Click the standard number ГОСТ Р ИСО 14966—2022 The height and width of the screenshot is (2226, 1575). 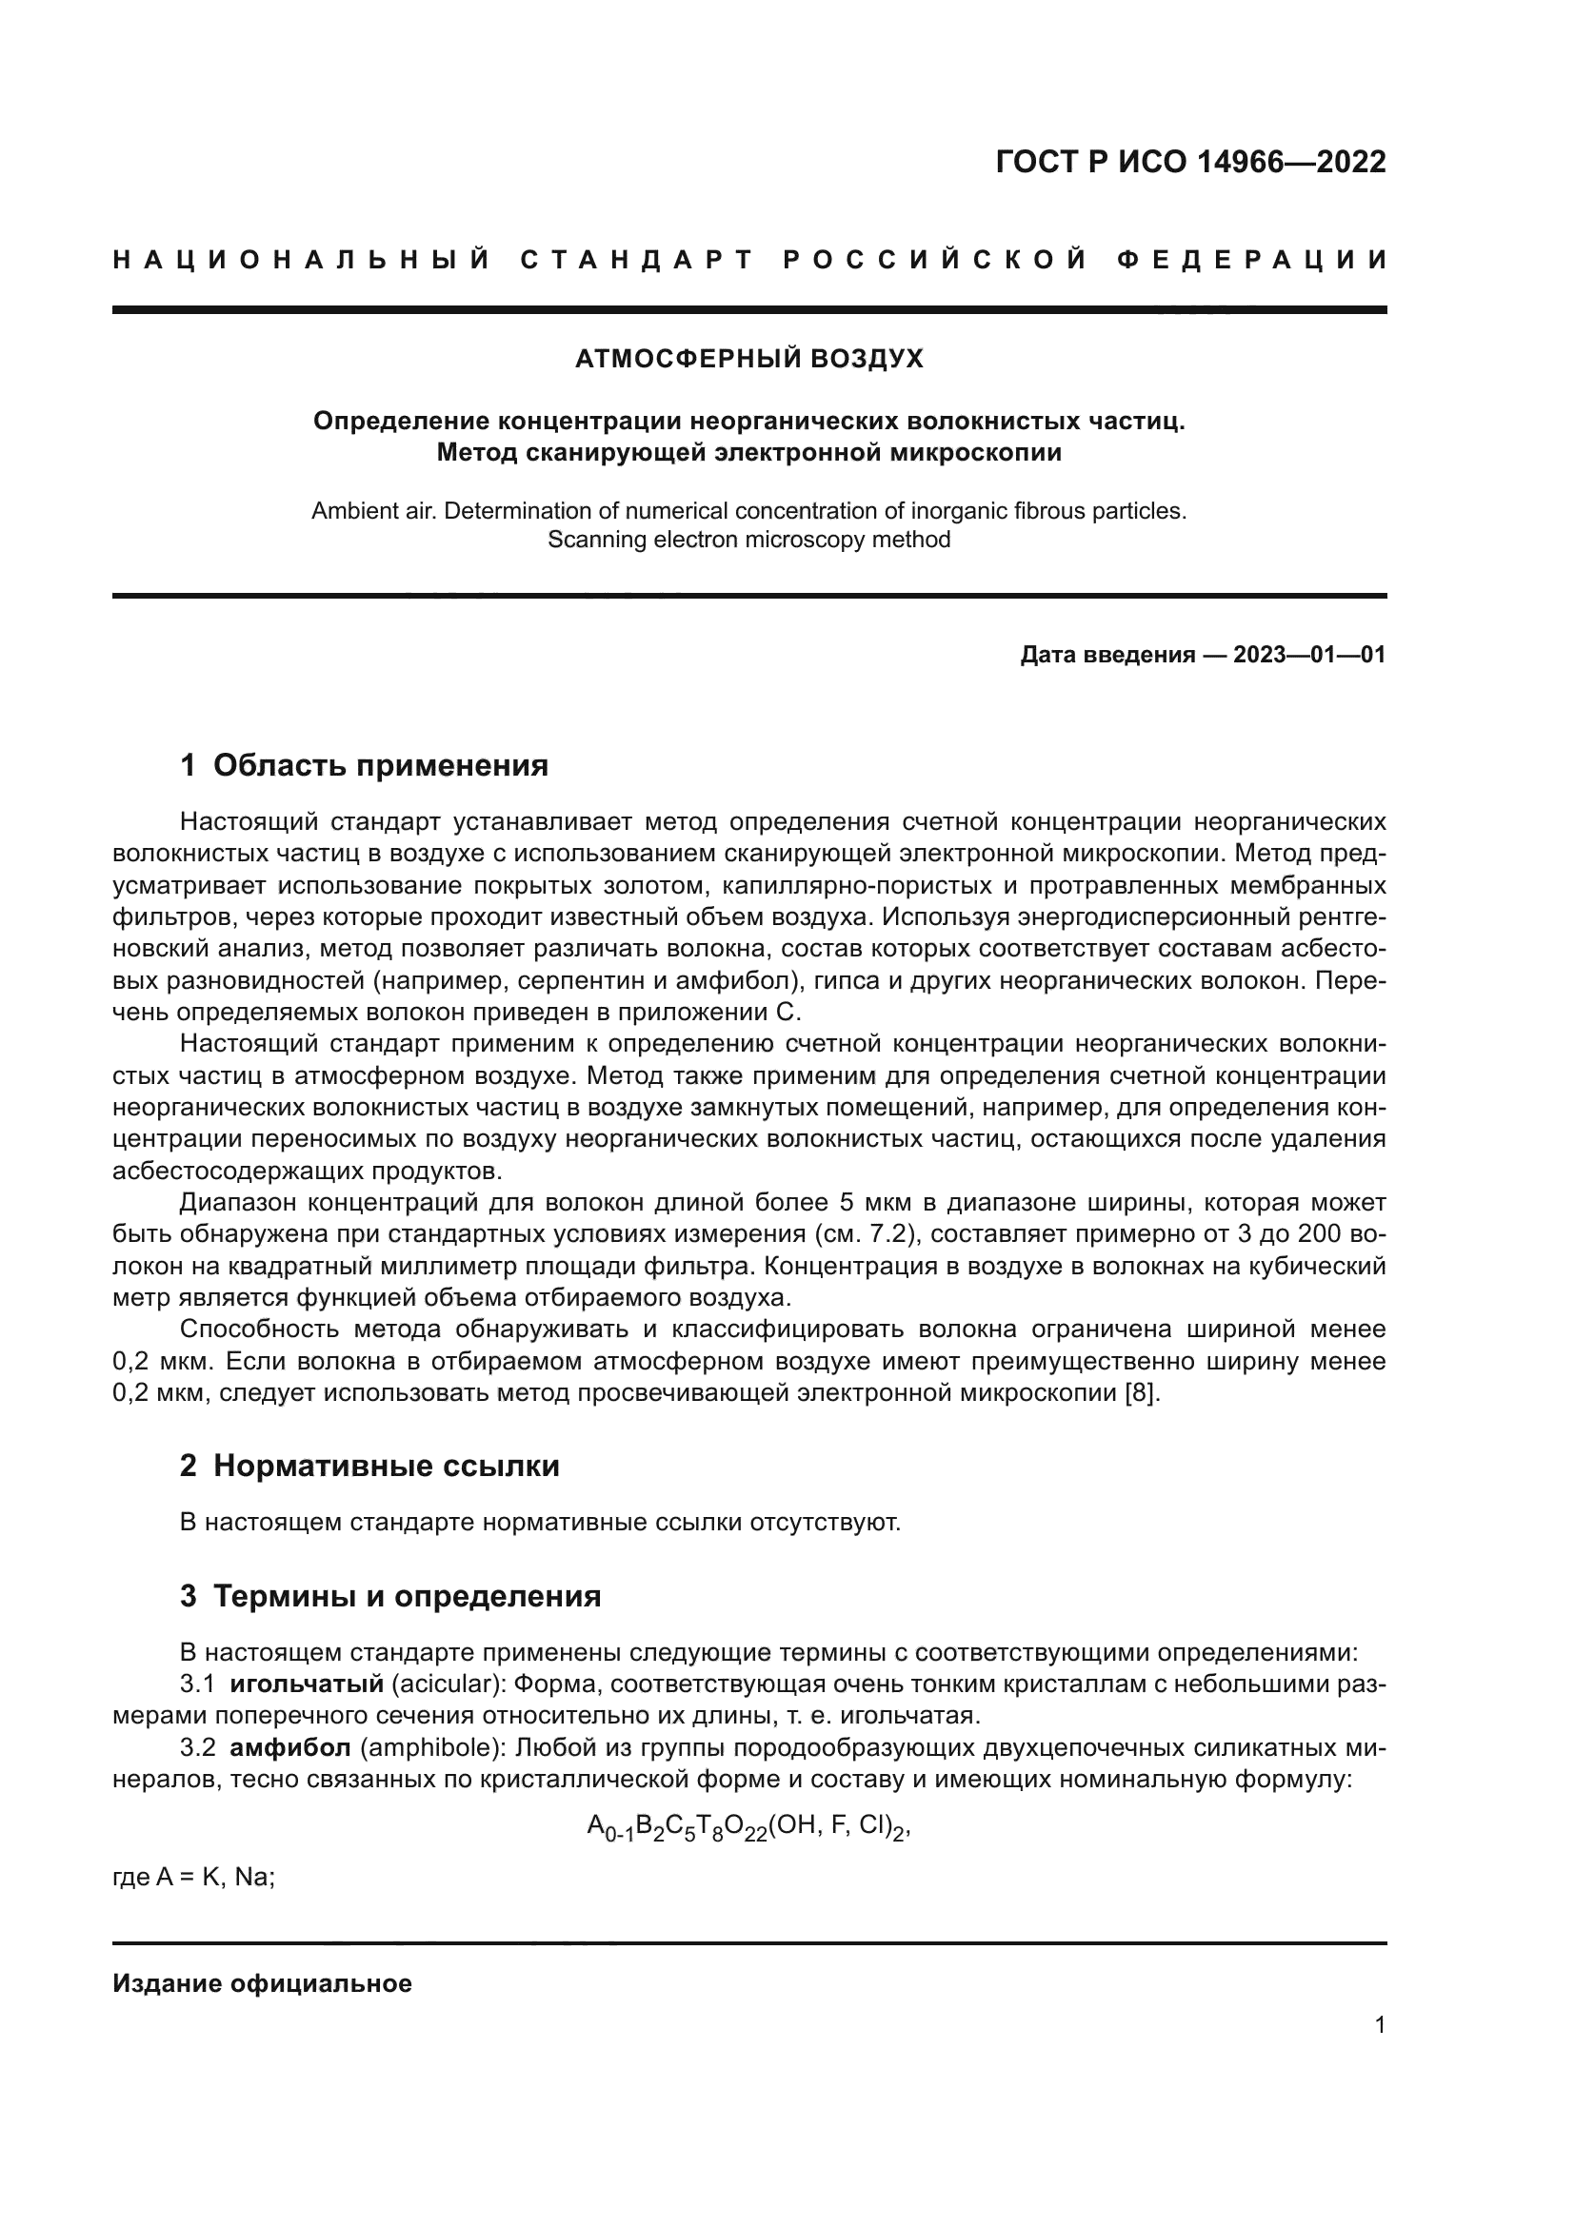point(1190,162)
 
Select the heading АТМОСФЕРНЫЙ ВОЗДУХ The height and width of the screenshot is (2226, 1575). point(748,360)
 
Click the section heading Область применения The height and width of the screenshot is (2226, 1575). point(380,766)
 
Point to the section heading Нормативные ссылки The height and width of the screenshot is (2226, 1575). point(386,1466)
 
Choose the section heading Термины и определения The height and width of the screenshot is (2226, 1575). point(407,1597)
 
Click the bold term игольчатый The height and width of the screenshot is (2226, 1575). point(307,1684)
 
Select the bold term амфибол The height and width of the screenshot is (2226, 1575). point(290,1749)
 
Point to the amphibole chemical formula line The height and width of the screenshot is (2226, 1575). point(748,1827)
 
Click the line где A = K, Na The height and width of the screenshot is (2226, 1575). point(194,1877)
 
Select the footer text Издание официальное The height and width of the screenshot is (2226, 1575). point(262,1983)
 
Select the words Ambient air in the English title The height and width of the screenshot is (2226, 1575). point(373,511)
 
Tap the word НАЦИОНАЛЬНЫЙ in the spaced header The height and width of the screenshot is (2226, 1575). point(302,260)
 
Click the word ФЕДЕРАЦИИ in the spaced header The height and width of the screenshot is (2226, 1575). point(1252,260)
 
